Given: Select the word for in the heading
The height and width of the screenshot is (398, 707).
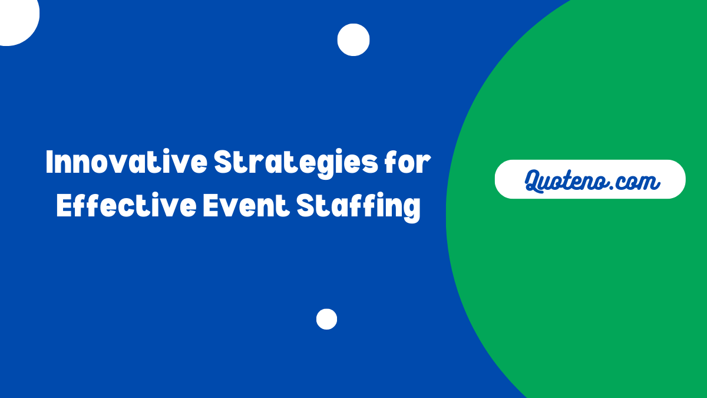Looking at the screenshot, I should (x=407, y=163).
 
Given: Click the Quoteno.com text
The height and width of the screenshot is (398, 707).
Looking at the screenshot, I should (x=591, y=180).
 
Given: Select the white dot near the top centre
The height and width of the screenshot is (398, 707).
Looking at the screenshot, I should (x=353, y=40).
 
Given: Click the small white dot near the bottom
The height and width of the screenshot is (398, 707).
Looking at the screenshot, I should (x=326, y=319).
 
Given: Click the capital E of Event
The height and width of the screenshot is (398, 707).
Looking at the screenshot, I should (x=210, y=206).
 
